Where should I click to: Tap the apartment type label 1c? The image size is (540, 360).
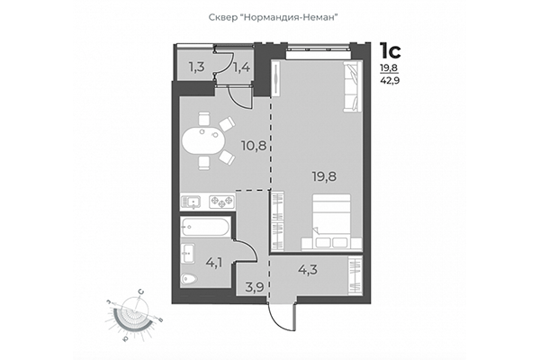389,49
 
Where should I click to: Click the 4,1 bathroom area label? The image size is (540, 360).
215,264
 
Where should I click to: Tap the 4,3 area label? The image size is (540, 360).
308,268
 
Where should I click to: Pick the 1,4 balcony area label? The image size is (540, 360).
241,65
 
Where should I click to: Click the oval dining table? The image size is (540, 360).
202,141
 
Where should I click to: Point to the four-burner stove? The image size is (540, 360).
221,201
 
